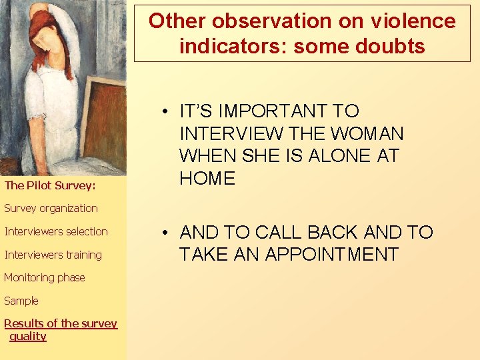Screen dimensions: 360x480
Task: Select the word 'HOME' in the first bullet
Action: tap(207, 179)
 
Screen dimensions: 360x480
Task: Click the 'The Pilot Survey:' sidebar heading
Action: tap(50, 185)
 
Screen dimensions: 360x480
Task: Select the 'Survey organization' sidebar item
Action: tap(51, 208)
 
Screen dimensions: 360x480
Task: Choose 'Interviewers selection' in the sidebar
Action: tap(56, 231)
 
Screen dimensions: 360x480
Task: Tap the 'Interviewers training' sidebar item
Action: tap(53, 255)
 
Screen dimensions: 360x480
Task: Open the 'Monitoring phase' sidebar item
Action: tap(45, 277)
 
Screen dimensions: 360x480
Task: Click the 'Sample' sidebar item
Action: tap(21, 301)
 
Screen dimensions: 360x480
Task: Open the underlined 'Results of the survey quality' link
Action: tap(60, 329)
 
